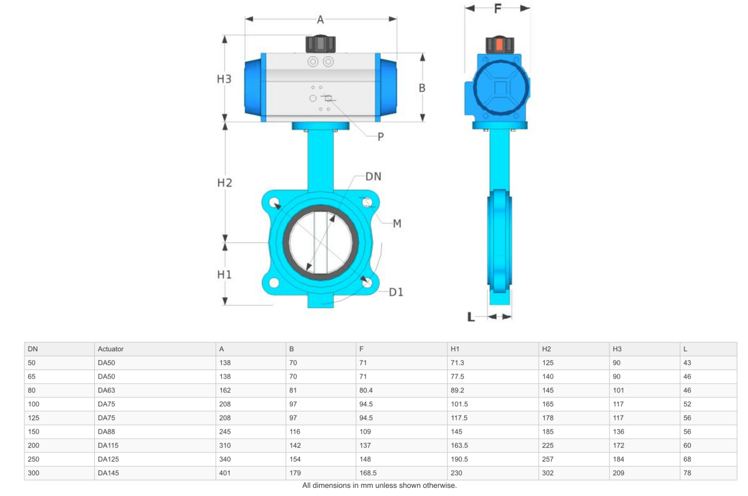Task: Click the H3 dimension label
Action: [x=224, y=79]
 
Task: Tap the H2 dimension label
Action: [x=224, y=183]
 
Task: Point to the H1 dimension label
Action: [x=224, y=275]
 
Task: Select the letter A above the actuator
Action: [x=320, y=20]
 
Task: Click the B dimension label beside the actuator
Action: [x=422, y=88]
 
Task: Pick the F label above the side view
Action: [x=497, y=9]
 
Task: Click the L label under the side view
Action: [x=471, y=317]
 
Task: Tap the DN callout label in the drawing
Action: [x=373, y=177]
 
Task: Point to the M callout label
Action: [x=396, y=223]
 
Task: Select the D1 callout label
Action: [x=396, y=291]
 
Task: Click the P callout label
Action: [x=380, y=137]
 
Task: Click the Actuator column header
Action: [x=110, y=349]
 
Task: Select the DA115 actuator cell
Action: [x=108, y=445]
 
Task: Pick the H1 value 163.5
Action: [x=459, y=445]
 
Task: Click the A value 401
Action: [x=224, y=473]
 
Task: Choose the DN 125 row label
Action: [x=34, y=418]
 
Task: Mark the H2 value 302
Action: [x=548, y=473]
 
